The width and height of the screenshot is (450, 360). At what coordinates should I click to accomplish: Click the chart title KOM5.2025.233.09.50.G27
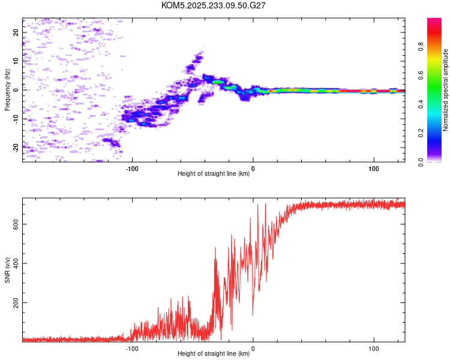[213, 5]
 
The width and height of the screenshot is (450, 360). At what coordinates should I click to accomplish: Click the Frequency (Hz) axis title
[7, 90]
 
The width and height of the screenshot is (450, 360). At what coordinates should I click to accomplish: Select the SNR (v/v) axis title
[7, 270]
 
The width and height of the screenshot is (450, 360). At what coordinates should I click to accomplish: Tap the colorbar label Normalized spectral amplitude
[445, 90]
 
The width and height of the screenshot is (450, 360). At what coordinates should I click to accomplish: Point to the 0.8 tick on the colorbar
[421, 46]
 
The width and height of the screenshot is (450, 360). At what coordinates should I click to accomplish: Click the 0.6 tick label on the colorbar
[421, 75]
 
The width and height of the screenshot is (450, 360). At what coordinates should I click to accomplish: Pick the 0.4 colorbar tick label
[421, 104]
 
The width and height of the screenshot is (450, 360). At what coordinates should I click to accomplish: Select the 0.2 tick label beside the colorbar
[421, 133]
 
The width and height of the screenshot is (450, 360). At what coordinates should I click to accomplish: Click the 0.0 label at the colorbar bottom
[421, 162]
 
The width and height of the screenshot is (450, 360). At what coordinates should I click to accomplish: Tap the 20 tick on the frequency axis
[16, 32]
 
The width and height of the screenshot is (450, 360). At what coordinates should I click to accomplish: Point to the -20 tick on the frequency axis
[16, 148]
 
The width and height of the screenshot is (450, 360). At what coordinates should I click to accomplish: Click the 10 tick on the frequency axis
[16, 61]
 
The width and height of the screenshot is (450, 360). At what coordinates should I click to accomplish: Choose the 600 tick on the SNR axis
[16, 224]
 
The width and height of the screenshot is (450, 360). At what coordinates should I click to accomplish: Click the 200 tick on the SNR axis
[16, 302]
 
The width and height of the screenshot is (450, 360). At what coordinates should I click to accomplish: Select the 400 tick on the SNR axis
[16, 263]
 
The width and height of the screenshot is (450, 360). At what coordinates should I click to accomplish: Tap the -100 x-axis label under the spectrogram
[132, 169]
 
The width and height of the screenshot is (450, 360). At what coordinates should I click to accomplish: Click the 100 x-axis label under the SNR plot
[374, 349]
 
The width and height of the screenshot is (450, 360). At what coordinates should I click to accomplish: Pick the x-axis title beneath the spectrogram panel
[214, 173]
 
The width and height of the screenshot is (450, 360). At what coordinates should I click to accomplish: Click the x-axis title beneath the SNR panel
[214, 353]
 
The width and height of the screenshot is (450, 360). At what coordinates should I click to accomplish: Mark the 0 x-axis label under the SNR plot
[253, 349]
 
